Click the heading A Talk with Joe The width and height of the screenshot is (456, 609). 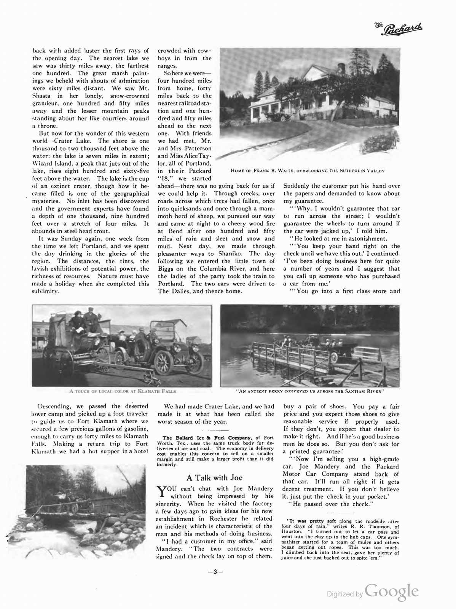coord(214,478)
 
